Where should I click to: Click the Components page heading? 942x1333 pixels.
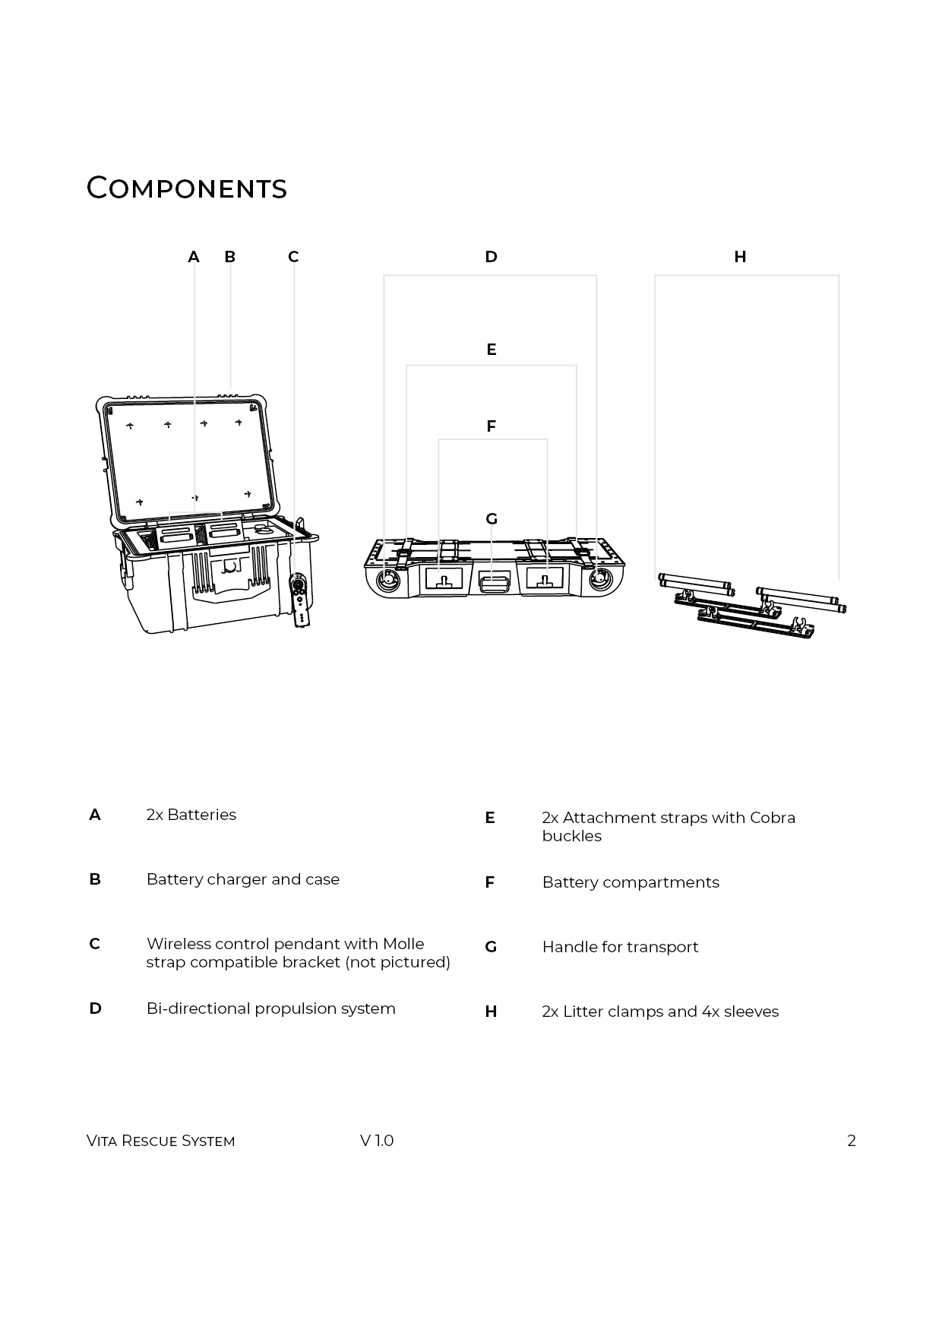coord(186,188)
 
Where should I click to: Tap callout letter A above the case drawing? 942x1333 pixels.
coord(194,257)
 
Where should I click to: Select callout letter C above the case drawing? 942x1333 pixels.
coord(293,257)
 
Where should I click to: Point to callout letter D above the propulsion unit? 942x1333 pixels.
coord(491,257)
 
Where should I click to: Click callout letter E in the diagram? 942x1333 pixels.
coord(491,350)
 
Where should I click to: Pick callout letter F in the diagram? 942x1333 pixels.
coord(491,426)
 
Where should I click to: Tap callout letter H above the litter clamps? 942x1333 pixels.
coord(740,257)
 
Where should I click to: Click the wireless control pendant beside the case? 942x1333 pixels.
coord(302,599)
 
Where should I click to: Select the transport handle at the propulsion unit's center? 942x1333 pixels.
coord(495,584)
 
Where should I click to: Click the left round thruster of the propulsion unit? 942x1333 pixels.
coord(388,580)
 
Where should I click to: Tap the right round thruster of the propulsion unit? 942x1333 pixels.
coord(601,580)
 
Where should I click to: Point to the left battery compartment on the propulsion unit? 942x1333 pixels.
coord(444,579)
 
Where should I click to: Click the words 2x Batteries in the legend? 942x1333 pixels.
coord(191,815)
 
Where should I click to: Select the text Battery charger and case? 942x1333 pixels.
coord(242,879)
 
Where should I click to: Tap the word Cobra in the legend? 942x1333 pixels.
coord(772,818)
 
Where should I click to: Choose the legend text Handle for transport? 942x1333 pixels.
coord(620,947)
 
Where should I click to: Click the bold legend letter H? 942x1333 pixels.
coord(491,1012)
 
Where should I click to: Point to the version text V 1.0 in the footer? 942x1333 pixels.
coord(377,1141)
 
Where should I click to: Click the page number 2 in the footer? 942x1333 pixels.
coord(852,1141)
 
